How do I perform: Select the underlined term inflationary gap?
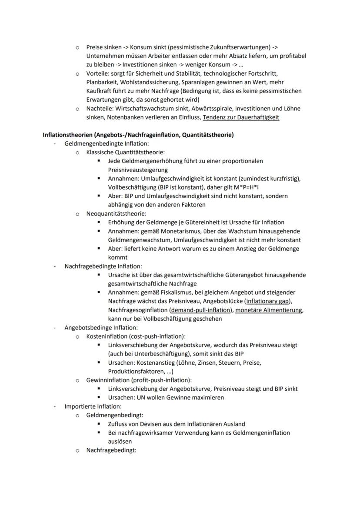269,301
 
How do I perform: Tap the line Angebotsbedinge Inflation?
101,327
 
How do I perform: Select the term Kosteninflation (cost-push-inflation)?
136,336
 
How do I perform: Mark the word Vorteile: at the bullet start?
98,73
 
